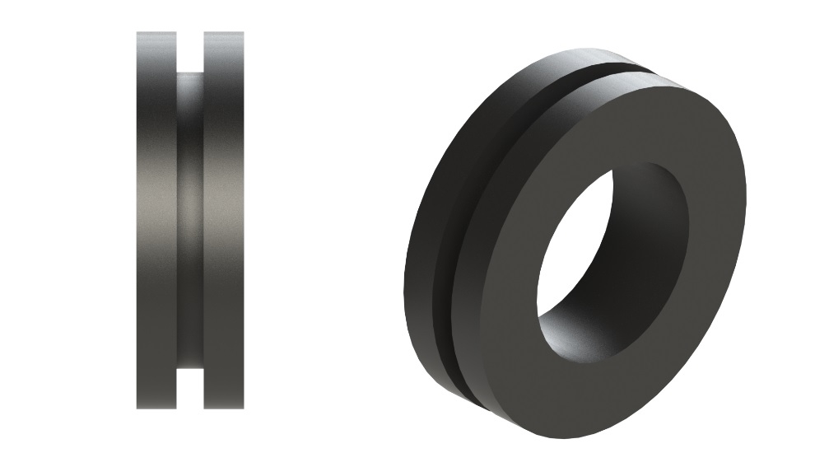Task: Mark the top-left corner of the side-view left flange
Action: coord(137,33)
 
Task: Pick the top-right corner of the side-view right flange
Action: coord(243,33)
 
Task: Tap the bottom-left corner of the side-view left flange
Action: coord(137,408)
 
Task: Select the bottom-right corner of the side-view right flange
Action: coord(243,408)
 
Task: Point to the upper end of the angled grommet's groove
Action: coord(626,68)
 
